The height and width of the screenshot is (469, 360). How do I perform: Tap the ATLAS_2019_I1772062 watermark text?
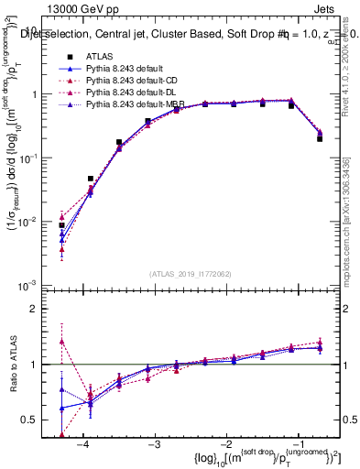click(x=191, y=273)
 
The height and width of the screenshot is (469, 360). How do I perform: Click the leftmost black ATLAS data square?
click(x=62, y=225)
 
